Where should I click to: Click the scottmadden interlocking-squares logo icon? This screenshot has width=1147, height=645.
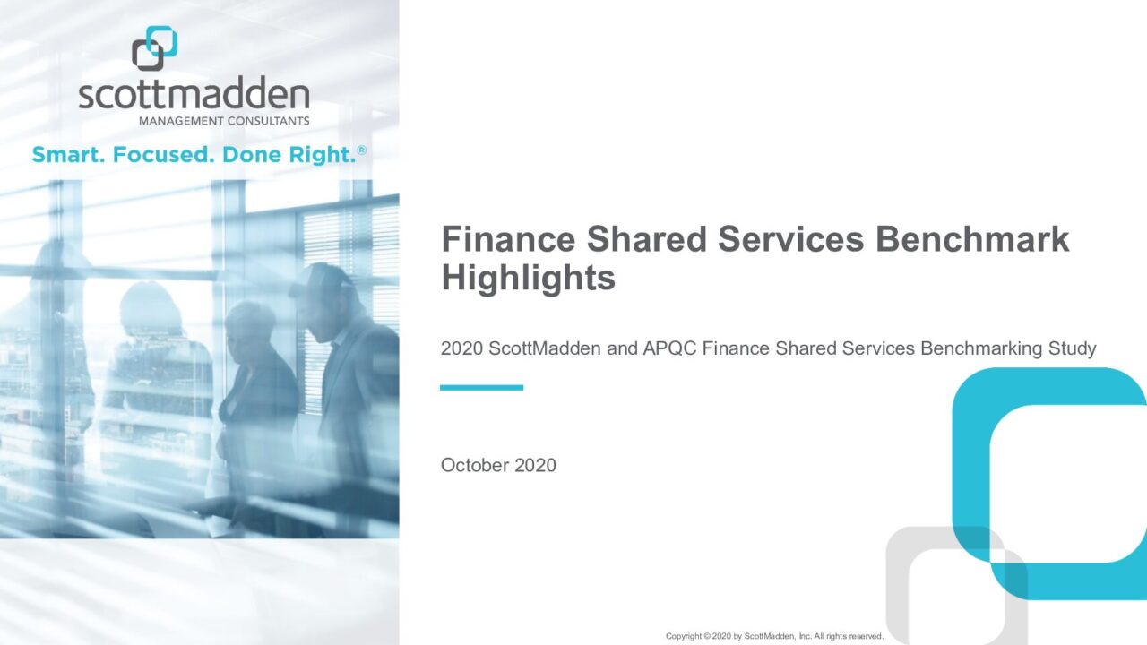point(155,48)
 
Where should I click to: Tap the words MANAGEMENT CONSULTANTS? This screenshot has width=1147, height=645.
point(224,121)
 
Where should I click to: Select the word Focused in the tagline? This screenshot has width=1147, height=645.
point(160,155)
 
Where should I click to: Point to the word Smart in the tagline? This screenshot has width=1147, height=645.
point(69,155)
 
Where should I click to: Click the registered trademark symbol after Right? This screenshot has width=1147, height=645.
point(362,150)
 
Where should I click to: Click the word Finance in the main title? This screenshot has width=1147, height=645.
point(508,239)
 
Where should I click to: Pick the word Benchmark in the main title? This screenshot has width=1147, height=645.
point(972,239)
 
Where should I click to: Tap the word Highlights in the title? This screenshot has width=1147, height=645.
point(529,278)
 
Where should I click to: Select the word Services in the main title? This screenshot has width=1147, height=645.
point(791,239)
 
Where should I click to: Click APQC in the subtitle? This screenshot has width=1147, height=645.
point(669,348)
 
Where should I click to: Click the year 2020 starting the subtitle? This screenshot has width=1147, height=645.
point(461,348)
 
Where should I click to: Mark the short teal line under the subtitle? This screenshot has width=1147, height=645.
point(481,388)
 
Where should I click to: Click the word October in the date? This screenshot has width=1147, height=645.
point(475,465)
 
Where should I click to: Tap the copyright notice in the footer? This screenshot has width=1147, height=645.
point(775,636)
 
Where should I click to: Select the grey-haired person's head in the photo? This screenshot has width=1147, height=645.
point(249,328)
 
